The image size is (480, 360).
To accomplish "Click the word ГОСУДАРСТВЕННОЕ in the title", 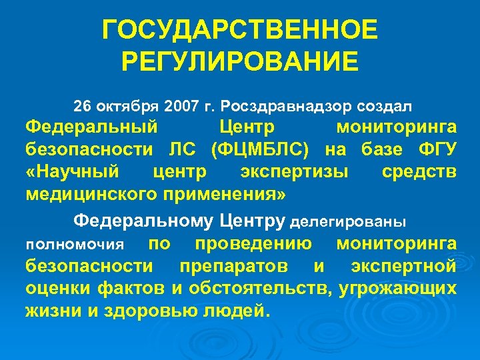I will [x=240, y=30].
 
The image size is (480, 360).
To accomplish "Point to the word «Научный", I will [x=73, y=171].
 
